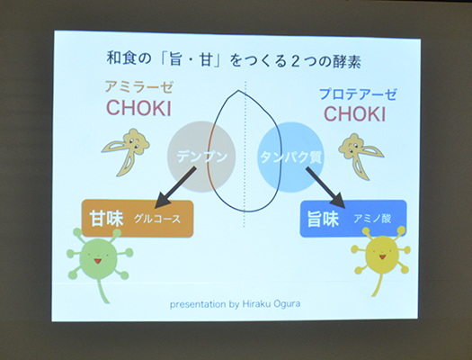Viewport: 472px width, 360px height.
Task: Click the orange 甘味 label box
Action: (x=137, y=218)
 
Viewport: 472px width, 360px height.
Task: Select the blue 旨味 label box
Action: (x=352, y=218)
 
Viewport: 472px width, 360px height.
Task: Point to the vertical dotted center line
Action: (x=245, y=225)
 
